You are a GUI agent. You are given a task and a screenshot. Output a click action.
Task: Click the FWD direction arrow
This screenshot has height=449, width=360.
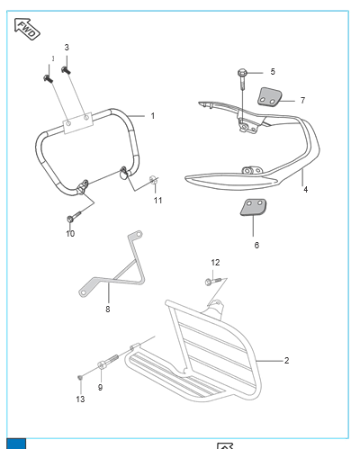(x=27, y=29)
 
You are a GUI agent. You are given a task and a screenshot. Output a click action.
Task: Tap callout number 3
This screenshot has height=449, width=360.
(x=67, y=48)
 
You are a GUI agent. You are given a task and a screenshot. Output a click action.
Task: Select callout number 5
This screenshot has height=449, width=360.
(x=273, y=72)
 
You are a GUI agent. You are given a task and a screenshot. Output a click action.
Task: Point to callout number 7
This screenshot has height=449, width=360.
(x=302, y=100)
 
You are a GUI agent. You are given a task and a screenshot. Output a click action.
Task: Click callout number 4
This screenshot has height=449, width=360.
(x=305, y=189)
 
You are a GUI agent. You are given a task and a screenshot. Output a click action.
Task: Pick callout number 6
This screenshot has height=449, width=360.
(x=256, y=245)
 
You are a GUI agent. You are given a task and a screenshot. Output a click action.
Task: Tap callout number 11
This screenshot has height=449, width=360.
(x=157, y=201)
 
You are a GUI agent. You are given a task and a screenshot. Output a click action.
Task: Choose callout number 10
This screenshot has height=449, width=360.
(x=70, y=234)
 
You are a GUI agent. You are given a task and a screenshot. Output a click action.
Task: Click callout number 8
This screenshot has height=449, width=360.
(x=108, y=309)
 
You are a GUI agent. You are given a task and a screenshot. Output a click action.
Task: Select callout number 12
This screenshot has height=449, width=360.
(x=215, y=263)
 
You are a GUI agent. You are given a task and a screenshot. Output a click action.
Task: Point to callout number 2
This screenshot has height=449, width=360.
(x=286, y=360)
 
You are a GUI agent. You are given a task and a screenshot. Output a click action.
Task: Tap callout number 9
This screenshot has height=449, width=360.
(x=100, y=387)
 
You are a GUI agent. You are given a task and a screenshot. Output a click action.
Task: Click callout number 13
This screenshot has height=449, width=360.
(x=80, y=399)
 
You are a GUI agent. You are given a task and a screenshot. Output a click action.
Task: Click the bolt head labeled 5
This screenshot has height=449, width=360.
(x=242, y=73)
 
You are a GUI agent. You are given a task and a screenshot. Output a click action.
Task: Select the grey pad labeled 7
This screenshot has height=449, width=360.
(x=270, y=96)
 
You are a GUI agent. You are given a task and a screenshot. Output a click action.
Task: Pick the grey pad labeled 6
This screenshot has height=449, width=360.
(x=253, y=207)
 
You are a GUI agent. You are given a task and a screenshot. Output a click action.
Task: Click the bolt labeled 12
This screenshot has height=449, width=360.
(x=213, y=281)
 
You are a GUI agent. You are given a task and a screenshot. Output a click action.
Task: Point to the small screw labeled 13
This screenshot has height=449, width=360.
(x=80, y=377)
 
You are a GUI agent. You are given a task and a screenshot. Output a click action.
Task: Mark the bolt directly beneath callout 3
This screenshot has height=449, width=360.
(x=66, y=70)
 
